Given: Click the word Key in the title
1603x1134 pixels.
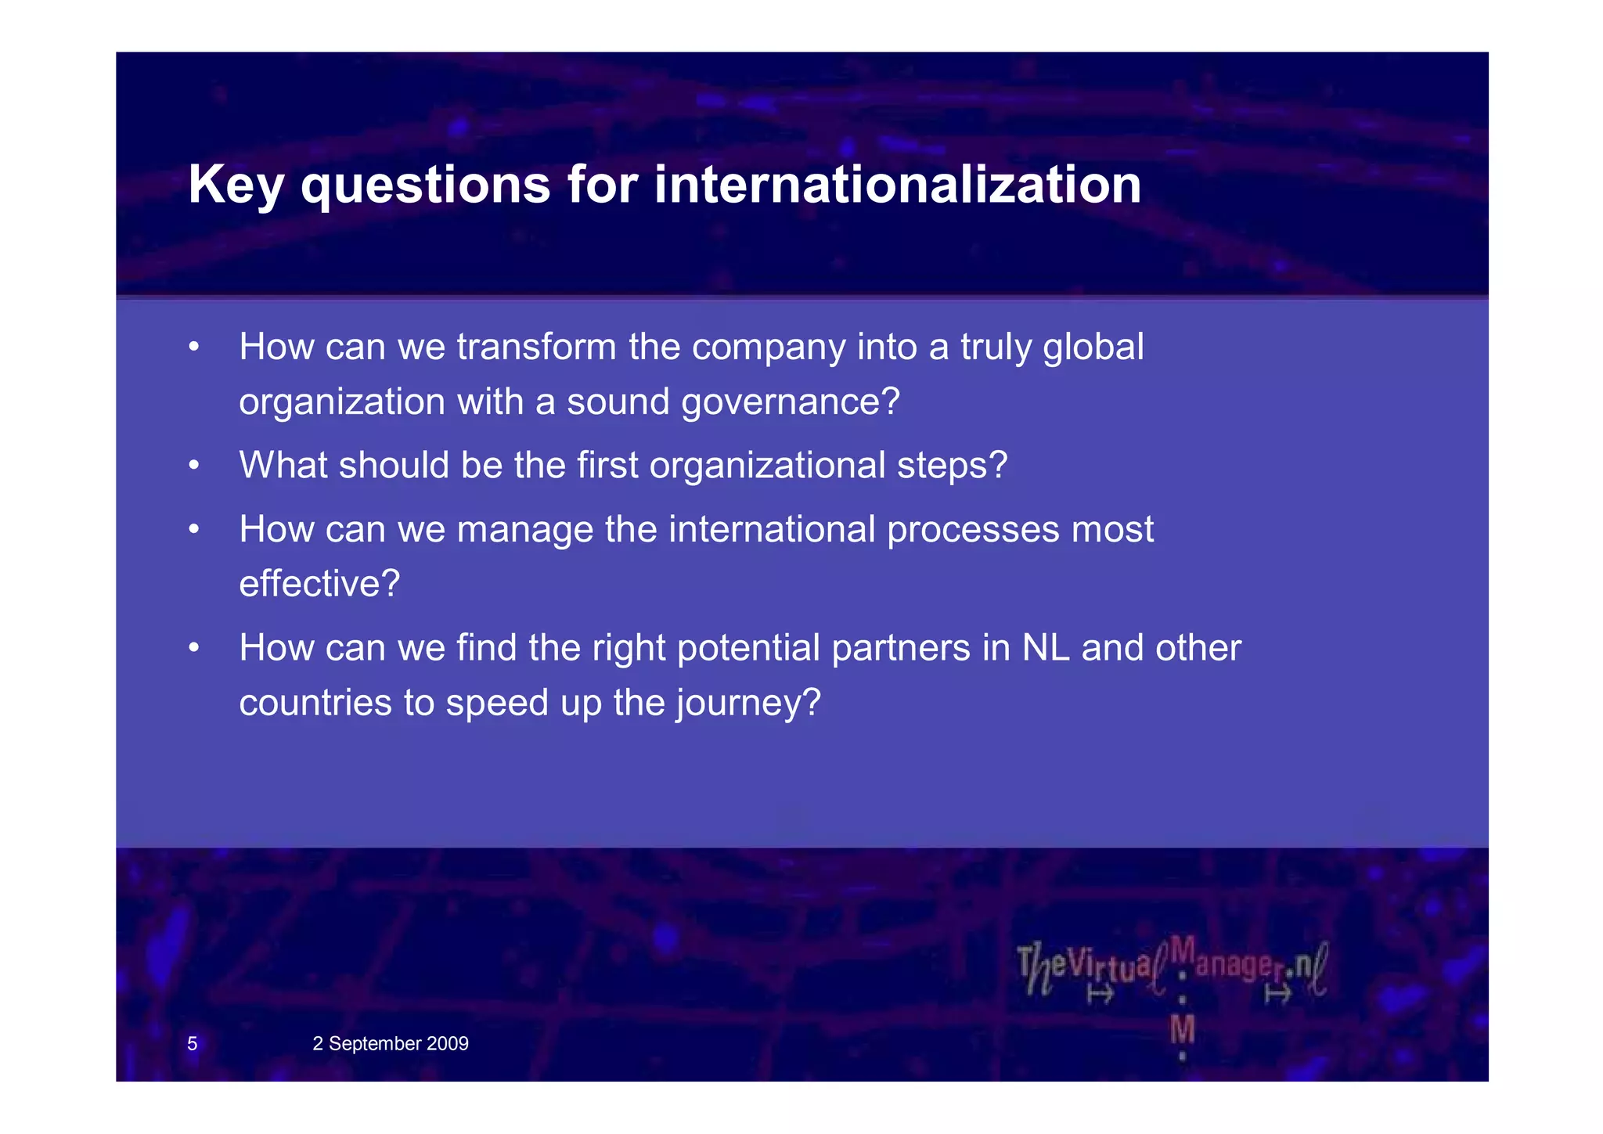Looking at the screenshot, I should tap(237, 185).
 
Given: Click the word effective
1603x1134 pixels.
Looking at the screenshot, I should tap(319, 584).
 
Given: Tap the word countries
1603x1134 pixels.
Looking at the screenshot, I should tap(315, 703).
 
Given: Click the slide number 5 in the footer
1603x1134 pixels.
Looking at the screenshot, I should tap(193, 1043).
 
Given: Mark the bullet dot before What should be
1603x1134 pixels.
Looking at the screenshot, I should tap(193, 466).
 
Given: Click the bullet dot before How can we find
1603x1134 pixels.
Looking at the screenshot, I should tap(193, 649).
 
